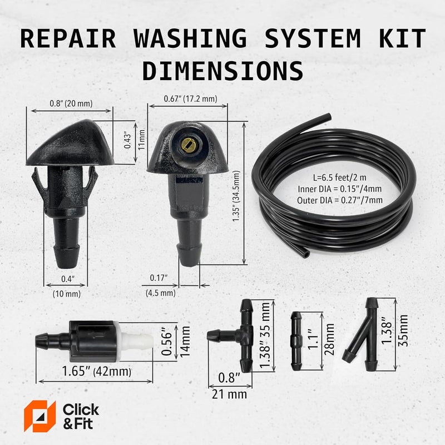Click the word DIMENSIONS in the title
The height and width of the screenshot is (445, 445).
(222, 71)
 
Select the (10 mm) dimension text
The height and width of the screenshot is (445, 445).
(66, 293)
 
